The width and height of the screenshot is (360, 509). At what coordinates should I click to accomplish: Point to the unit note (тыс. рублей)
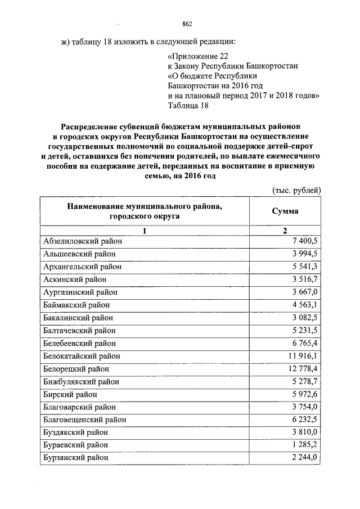pos(296,191)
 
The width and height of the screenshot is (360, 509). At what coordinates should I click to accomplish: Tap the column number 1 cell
pos(145,231)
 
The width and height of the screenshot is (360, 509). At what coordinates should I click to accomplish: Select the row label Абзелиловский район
pos(82,241)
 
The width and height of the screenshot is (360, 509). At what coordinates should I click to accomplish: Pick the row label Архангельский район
pos(82,266)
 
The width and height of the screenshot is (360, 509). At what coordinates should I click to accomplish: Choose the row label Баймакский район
pos(76,304)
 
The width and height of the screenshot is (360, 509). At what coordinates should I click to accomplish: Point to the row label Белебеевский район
pos(79,343)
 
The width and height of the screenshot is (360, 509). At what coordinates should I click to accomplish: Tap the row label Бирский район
pos(70,394)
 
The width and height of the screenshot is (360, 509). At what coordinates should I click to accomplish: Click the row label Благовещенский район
pos(84,420)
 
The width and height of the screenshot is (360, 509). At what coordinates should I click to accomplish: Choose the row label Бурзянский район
pos(76,457)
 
